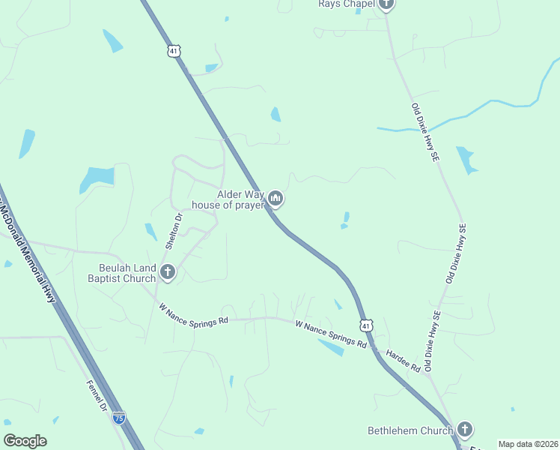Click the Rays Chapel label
point(345,4)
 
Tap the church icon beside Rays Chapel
point(386,4)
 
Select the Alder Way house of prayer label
point(228,199)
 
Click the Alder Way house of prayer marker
point(276,199)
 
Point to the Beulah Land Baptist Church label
point(127,272)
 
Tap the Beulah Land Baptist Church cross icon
point(168,271)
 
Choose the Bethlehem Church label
point(410,430)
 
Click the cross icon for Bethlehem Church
point(465,430)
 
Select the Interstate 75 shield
point(119,418)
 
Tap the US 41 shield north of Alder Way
point(174,50)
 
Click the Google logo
point(25,441)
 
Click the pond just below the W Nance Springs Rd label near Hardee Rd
point(331,347)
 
